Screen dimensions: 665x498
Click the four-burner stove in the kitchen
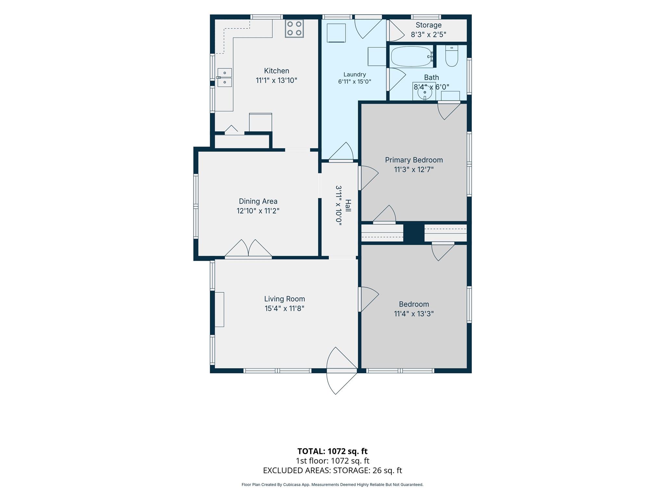[x=294, y=29]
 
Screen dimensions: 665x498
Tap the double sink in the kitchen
[x=224, y=77]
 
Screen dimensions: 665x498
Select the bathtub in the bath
[x=412, y=57]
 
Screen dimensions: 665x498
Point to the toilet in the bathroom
[x=452, y=56]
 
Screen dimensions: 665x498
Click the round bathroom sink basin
[x=424, y=92]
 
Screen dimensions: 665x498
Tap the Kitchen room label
[x=276, y=71]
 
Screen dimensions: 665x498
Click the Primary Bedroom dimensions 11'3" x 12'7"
[x=414, y=170]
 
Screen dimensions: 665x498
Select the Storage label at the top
[x=429, y=25]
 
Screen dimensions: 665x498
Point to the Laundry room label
[x=355, y=75]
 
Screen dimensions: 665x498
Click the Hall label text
[x=348, y=206]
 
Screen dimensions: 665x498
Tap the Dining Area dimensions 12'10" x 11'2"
[x=258, y=211]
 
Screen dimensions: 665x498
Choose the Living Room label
[x=284, y=299]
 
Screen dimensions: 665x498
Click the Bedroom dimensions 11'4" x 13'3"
[x=414, y=314]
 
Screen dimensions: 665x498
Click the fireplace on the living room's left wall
[x=219, y=309]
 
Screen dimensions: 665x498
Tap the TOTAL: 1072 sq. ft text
[x=332, y=451]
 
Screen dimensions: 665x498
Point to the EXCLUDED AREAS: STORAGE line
[x=332, y=470]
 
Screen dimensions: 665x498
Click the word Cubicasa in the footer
[x=292, y=485]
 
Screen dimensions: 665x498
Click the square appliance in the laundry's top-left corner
[x=336, y=33]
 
